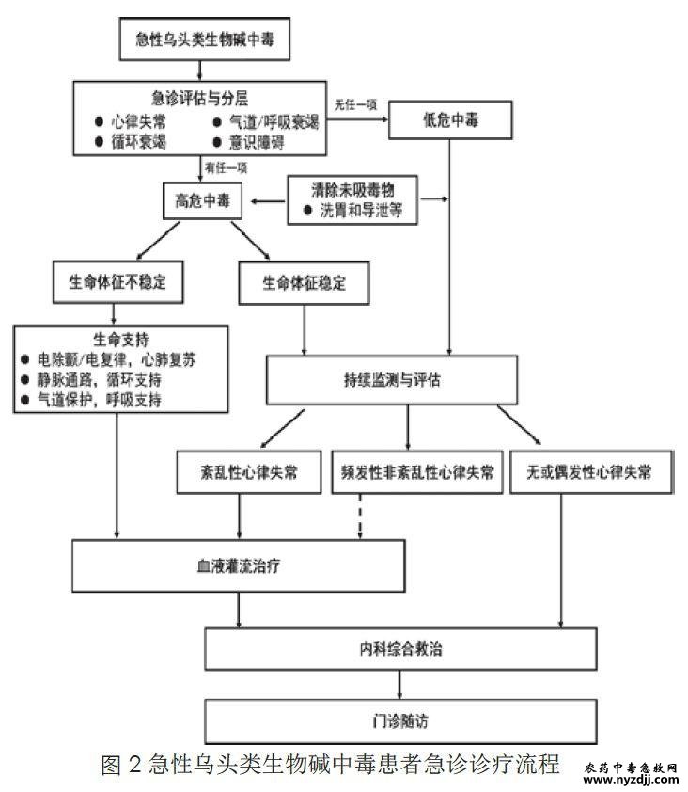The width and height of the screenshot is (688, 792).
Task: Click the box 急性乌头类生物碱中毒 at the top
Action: pyautogui.click(x=198, y=40)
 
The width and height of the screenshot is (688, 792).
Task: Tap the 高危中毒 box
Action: pyautogui.click(x=200, y=199)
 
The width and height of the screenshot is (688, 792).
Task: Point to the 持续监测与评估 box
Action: pyautogui.click(x=392, y=381)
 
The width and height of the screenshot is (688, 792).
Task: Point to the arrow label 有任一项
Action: pyautogui.click(x=227, y=167)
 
